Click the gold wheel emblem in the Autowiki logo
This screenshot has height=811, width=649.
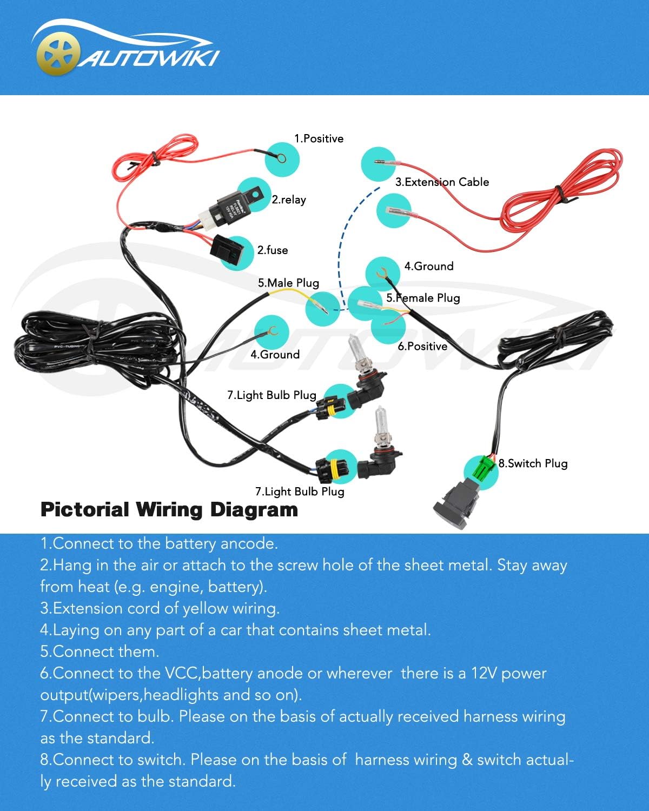[x=58, y=54]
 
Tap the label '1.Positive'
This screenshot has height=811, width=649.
[x=319, y=139]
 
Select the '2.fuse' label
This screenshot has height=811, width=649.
[x=272, y=250]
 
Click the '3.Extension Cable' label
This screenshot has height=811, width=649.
[x=442, y=182]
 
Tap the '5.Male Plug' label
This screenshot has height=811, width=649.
[x=288, y=283]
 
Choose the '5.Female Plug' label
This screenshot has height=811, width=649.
[x=423, y=298]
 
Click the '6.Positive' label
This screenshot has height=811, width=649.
[x=422, y=347]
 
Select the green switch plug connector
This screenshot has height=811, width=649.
[x=485, y=468]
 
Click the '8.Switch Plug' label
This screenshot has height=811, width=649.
[x=533, y=463]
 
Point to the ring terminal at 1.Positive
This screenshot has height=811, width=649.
[x=281, y=158]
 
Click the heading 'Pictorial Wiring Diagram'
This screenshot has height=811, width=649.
[x=169, y=510]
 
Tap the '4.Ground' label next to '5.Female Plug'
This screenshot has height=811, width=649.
[x=429, y=267]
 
